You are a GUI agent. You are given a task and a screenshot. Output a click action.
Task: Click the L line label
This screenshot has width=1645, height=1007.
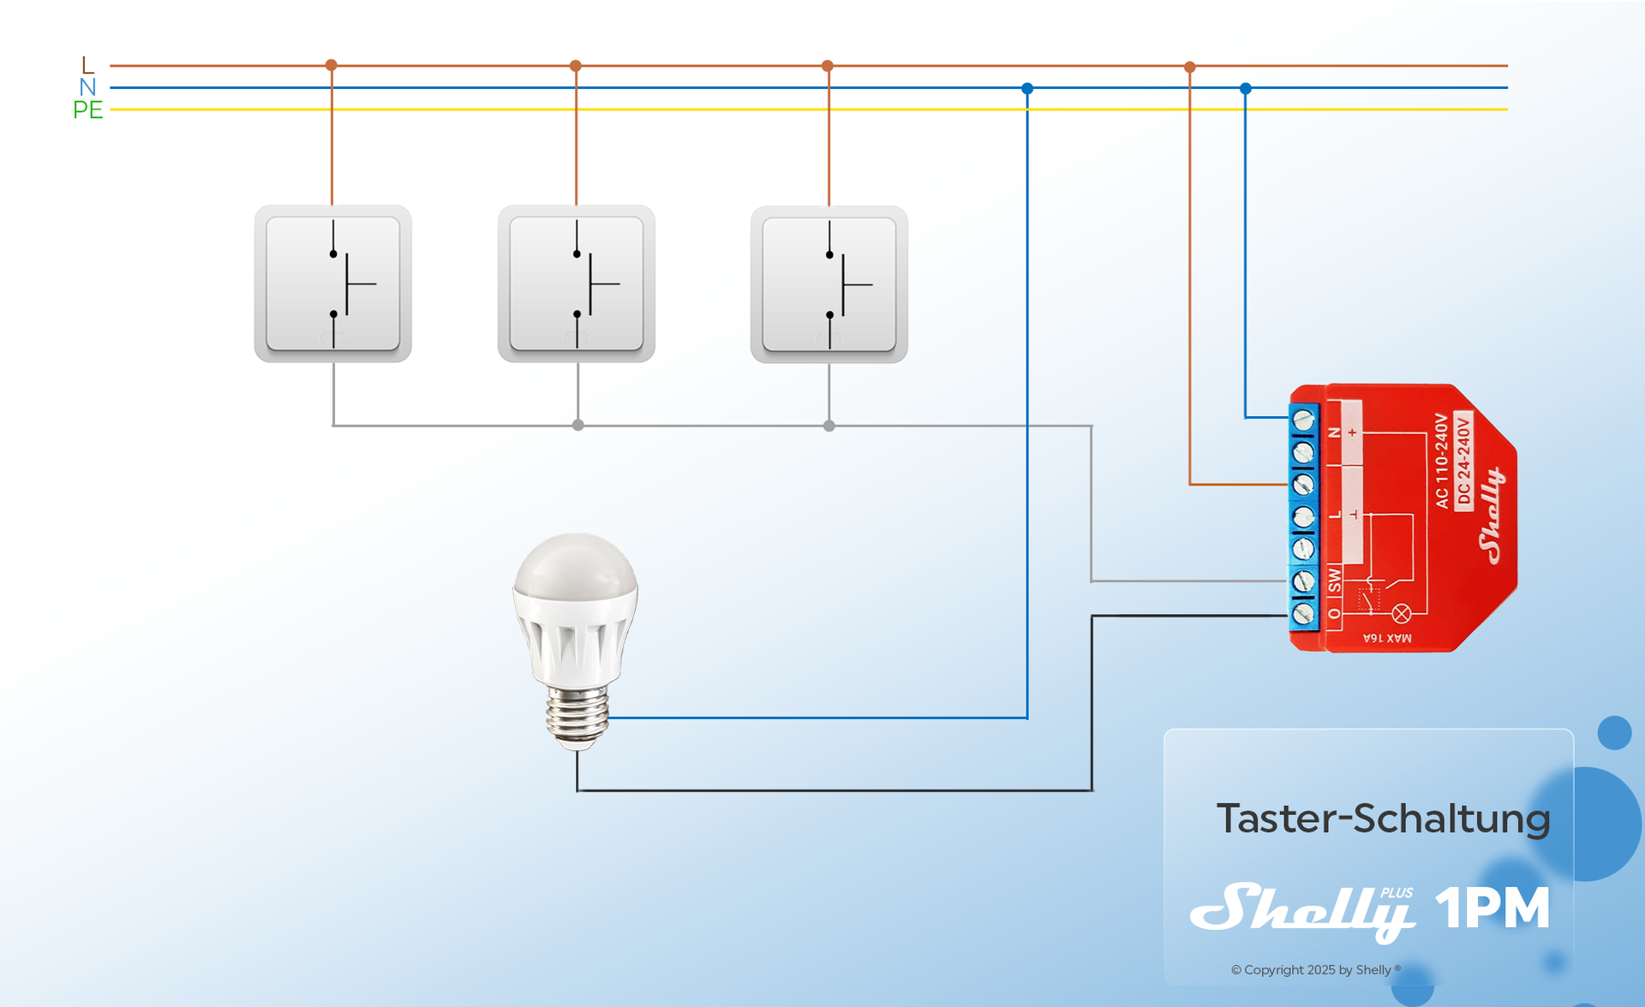click(x=87, y=65)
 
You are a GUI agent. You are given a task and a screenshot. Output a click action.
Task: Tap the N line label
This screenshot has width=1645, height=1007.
click(x=87, y=87)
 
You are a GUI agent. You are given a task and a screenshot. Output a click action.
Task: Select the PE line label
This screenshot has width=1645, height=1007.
click(x=87, y=110)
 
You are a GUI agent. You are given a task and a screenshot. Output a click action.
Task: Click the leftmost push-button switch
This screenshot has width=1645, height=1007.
click(x=332, y=283)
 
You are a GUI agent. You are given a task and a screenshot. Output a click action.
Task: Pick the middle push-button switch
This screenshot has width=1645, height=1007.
click(x=577, y=283)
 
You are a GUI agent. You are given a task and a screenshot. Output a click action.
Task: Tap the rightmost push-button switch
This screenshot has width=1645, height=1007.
click(x=828, y=284)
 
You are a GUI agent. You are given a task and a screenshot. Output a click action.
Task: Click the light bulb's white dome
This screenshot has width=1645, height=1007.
click(x=576, y=569)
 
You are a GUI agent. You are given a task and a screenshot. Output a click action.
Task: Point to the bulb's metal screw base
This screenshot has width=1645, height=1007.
click(x=578, y=715)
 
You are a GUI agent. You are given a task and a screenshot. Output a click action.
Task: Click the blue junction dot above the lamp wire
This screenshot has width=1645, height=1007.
click(x=1027, y=88)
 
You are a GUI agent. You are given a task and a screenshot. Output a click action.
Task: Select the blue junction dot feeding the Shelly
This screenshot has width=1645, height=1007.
click(x=1246, y=88)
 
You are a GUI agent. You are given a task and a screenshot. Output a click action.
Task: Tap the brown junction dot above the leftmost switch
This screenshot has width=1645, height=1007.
click(x=332, y=65)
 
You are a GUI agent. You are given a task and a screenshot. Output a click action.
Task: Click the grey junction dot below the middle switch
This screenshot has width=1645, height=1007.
click(x=578, y=425)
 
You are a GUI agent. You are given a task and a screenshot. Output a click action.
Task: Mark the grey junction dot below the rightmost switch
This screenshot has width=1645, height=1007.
click(x=828, y=426)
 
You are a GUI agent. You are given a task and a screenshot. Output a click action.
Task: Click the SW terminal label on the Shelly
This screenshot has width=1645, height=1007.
click(x=1334, y=580)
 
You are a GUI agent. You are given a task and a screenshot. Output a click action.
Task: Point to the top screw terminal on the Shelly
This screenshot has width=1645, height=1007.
click(x=1303, y=420)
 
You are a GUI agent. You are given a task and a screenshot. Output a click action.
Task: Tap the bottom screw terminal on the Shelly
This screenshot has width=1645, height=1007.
click(x=1303, y=613)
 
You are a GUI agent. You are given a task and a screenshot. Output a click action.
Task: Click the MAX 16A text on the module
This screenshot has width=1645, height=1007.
click(x=1387, y=638)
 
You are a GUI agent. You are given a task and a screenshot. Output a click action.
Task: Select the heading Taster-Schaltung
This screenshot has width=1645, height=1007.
click(x=1383, y=819)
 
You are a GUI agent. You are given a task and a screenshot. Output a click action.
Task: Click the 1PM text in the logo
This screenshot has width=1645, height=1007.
click(x=1492, y=908)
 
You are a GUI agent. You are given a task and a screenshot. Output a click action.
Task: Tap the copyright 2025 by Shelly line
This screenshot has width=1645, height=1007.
click(x=1315, y=969)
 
